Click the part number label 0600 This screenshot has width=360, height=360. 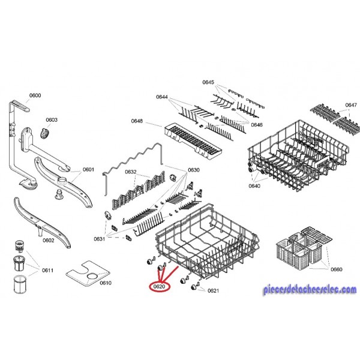[x=35, y=95]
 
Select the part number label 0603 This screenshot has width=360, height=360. [x=52, y=120]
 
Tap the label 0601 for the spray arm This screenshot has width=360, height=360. [x=88, y=169]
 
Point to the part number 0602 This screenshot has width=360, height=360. [x=49, y=241]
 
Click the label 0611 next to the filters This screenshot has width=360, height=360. [x=48, y=270]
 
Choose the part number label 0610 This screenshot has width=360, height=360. [x=106, y=283]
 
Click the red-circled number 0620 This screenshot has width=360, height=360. [x=159, y=287]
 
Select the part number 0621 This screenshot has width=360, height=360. [x=213, y=290]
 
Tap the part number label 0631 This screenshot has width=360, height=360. [x=100, y=239]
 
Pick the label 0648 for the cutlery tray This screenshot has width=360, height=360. [x=137, y=121]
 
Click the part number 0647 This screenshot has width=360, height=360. [x=351, y=105]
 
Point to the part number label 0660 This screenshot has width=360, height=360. [x=337, y=269]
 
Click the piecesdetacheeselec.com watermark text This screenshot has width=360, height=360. [x=310, y=290]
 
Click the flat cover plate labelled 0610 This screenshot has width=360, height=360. [x=88, y=274]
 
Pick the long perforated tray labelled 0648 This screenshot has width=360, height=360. [x=193, y=141]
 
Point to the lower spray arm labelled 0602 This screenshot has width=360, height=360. [x=43, y=222]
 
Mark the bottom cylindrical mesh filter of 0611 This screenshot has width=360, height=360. [x=20, y=284]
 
